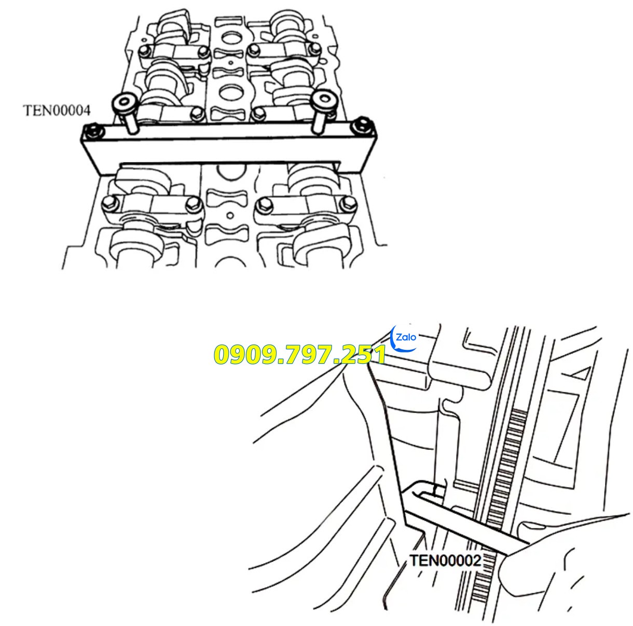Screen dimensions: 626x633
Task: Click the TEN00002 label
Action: tap(445, 560)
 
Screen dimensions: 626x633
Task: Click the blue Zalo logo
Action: tap(405, 339)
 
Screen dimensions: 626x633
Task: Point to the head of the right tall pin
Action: tap(322, 99)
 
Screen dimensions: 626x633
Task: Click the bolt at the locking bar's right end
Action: tap(363, 125)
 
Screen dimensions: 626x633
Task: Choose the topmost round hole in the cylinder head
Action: tap(229, 38)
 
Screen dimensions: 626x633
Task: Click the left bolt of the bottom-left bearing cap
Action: tap(108, 203)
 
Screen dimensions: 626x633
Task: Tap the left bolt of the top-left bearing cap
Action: tap(145, 50)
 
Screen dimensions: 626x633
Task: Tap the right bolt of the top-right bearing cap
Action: tap(314, 49)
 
